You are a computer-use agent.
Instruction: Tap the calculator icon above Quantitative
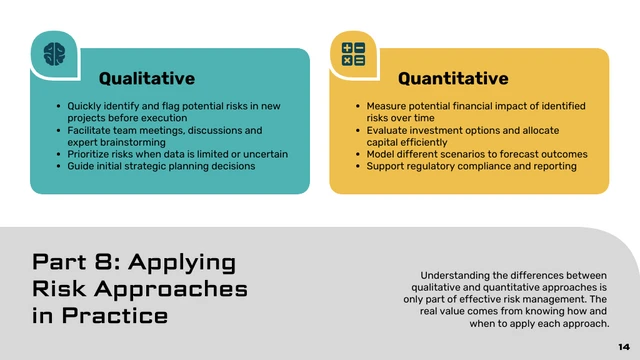pyautogui.click(x=353, y=53)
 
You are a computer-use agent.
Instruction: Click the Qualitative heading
pyautogui.click(x=146, y=78)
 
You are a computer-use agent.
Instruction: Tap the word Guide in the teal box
pyautogui.click(x=81, y=166)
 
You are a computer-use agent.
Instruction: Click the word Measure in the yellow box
pyautogui.click(x=386, y=106)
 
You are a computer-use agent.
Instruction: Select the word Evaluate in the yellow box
pyautogui.click(x=387, y=130)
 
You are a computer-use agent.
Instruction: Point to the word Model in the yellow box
pyautogui.click(x=381, y=154)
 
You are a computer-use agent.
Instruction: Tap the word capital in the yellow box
pyautogui.click(x=383, y=142)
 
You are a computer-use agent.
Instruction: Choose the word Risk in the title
pyautogui.click(x=59, y=290)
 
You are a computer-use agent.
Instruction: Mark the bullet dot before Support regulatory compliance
pyautogui.click(x=358, y=167)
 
